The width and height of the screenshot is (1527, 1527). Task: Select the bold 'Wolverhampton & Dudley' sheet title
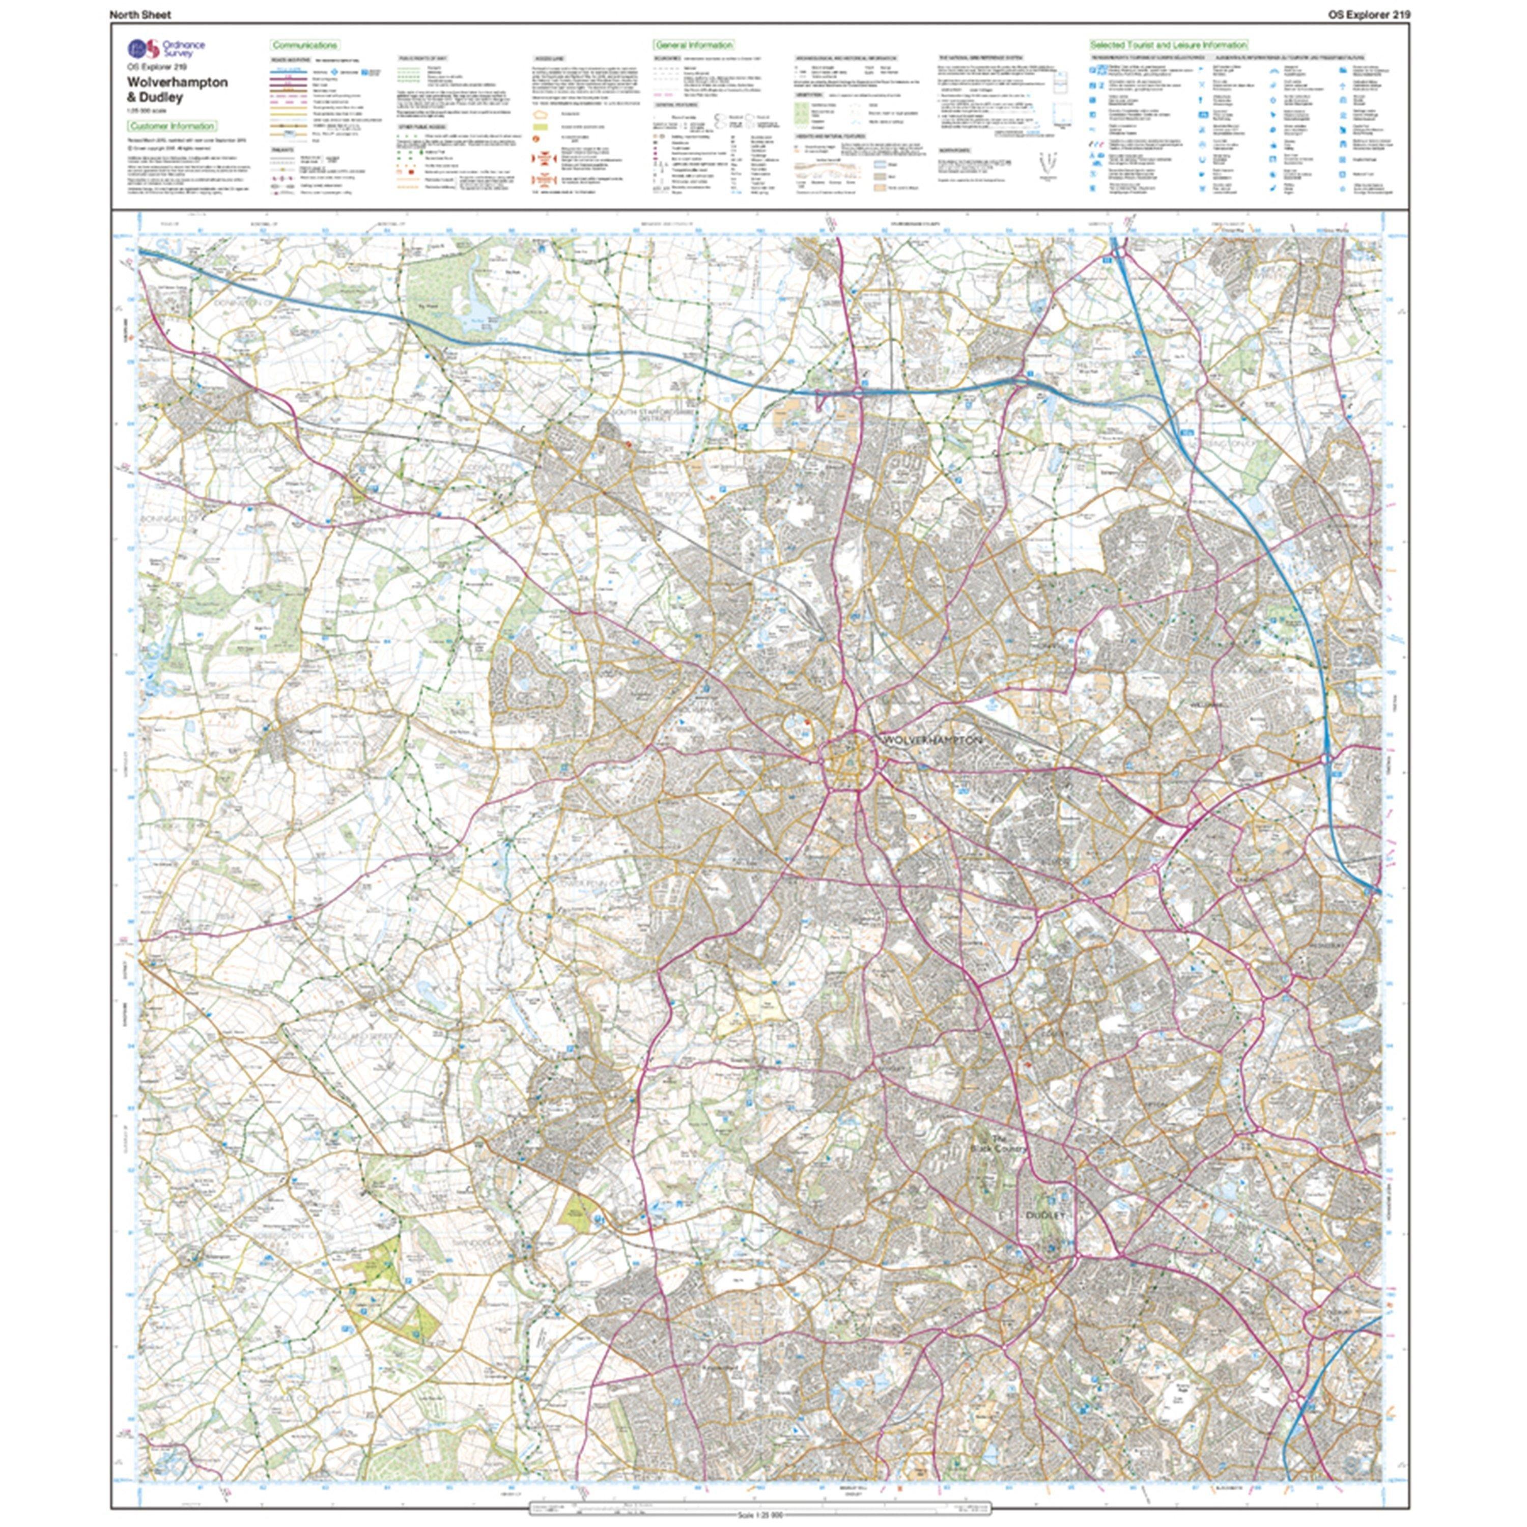click(x=177, y=89)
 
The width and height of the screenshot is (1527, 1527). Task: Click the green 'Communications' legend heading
click(x=305, y=45)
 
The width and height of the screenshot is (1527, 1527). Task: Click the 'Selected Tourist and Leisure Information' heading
click(x=1168, y=45)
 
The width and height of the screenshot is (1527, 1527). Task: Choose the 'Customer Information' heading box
click(x=173, y=126)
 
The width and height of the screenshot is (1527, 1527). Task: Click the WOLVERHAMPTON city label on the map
click(x=932, y=740)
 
